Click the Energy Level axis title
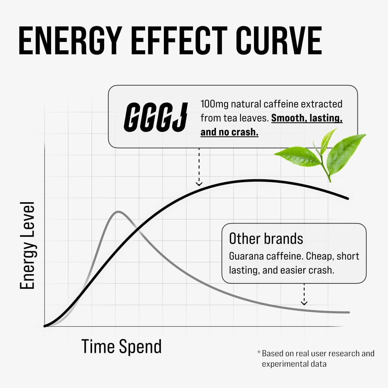point(27,245)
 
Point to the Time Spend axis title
point(121,347)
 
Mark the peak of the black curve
point(256,180)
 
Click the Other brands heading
point(266,239)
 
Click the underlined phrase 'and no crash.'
point(230,132)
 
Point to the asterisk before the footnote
point(259,352)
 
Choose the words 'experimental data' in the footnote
point(294,364)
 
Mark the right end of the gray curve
point(348,313)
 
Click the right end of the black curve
point(348,198)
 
